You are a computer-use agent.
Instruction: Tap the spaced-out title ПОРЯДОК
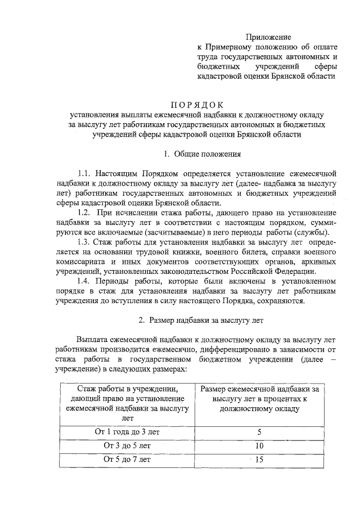(197, 105)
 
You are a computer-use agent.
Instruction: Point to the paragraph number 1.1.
(85, 174)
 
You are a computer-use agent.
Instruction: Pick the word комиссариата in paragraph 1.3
(86, 262)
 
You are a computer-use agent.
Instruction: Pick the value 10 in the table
(259, 445)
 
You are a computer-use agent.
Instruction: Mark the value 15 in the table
(259, 459)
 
